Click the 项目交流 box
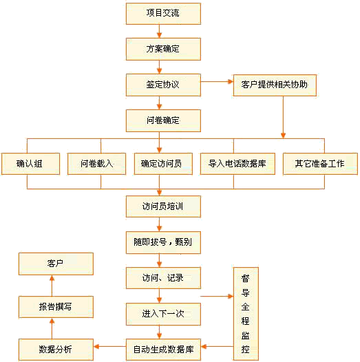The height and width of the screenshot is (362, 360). point(163,14)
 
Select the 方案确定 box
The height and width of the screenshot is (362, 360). point(163,49)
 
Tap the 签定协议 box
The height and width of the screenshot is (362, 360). point(163,85)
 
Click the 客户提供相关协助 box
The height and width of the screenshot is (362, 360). point(275,85)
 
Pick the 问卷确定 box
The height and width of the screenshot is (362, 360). point(163,120)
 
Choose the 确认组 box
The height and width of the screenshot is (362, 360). point(30,164)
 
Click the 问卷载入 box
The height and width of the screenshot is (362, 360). point(97,164)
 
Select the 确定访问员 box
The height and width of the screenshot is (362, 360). point(163,164)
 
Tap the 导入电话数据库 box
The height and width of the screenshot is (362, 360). point(237,164)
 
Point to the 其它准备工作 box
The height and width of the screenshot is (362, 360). point(320,164)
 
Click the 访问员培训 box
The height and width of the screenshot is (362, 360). point(163,206)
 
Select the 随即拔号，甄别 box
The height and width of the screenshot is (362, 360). point(163,243)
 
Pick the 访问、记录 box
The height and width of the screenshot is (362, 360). point(163,278)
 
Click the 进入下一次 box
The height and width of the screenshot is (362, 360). point(163,315)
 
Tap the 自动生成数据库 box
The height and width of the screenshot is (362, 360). point(163,350)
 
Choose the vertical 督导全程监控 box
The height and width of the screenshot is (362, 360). point(246,314)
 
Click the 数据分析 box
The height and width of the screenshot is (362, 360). point(56,350)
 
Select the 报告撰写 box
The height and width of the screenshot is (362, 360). point(56,307)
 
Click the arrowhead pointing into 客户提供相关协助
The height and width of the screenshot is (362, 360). point(231,81)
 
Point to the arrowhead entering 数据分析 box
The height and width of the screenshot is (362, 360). point(96,347)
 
